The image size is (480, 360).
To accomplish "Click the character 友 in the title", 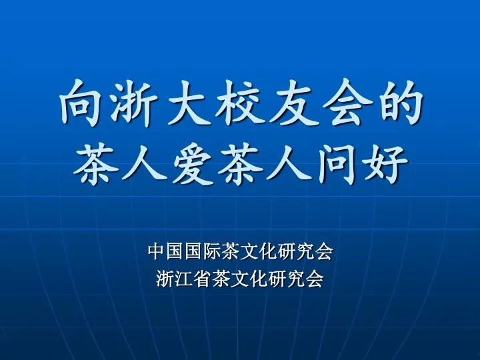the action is [x=293, y=103].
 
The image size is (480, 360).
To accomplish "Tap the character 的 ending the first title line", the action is [x=400, y=103].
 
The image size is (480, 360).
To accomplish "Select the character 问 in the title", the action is [x=337, y=165].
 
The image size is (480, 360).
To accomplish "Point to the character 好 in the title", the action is [x=385, y=165].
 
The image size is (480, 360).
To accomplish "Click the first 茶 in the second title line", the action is [x=96, y=165].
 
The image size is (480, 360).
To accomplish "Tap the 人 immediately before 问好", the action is [x=289, y=165].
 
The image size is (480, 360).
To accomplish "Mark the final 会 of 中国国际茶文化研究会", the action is [x=324, y=251].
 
